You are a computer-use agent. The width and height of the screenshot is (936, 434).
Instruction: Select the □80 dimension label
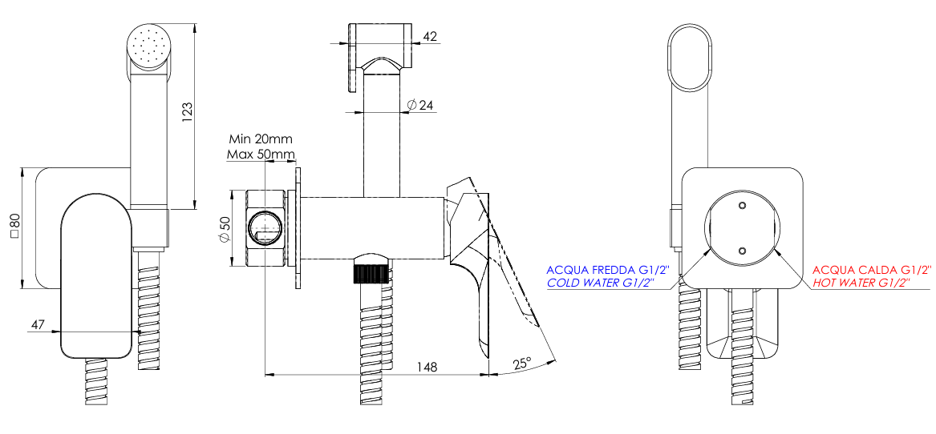14,227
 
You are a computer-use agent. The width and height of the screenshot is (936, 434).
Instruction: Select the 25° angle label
522,363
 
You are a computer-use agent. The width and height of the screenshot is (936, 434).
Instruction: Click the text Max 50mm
260,153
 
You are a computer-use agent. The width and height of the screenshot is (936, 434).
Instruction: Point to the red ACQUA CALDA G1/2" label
873,270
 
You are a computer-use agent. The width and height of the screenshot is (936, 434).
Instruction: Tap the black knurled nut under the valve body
371,271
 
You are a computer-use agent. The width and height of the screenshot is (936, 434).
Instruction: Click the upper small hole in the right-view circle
740,207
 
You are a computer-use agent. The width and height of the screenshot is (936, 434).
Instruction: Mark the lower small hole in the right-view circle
740,250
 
